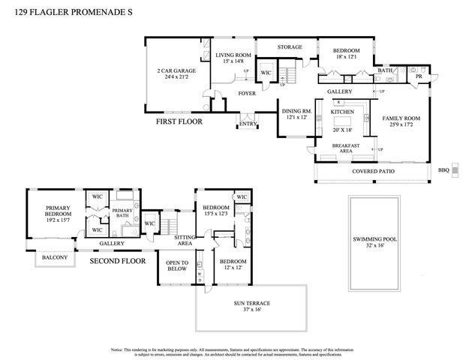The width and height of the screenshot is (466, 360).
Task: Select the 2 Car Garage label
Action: click(x=171, y=72)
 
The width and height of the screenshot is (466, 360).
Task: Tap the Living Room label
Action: click(x=233, y=55)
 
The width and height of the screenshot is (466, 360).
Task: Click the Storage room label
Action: click(x=290, y=47)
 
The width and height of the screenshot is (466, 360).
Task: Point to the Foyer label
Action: click(x=247, y=94)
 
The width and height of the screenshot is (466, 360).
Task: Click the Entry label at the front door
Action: click(x=247, y=124)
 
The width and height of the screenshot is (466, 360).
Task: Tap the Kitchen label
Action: click(x=343, y=112)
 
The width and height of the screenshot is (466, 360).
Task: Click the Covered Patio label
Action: click(x=372, y=171)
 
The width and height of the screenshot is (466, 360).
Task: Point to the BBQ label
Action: click(x=443, y=170)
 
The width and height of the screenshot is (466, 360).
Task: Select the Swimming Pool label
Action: click(x=372, y=240)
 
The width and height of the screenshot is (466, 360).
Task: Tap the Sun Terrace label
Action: click(x=251, y=303)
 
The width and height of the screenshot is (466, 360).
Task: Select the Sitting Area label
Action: click(x=185, y=241)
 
